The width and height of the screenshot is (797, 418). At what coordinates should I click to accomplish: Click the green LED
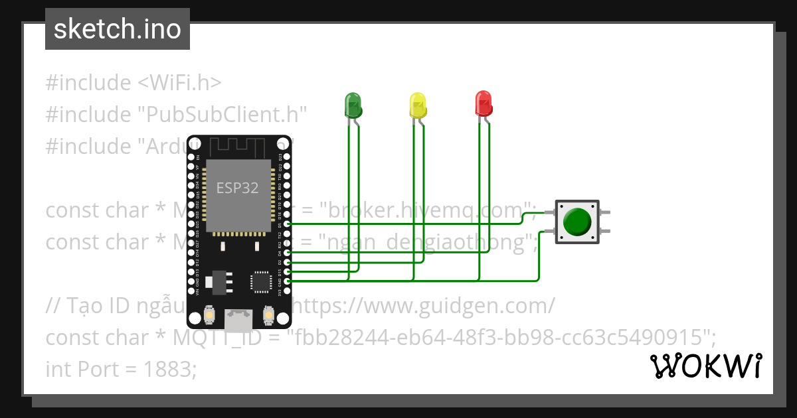pyautogui.click(x=353, y=105)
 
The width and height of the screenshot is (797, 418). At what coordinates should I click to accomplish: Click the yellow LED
pyautogui.click(x=417, y=105)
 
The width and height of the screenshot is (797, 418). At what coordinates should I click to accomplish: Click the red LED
pyautogui.click(x=483, y=104)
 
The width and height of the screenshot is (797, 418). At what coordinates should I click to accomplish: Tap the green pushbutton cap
pyautogui.click(x=576, y=222)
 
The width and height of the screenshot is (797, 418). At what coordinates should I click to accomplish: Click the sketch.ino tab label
pyautogui.click(x=118, y=29)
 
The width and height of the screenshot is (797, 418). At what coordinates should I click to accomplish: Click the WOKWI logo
pyautogui.click(x=705, y=366)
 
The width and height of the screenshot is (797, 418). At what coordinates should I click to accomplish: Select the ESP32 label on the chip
pyautogui.click(x=237, y=188)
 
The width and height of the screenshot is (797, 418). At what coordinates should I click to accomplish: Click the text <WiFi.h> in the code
pyautogui.click(x=179, y=83)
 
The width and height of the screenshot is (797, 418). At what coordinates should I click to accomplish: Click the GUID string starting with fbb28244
pyautogui.click(x=501, y=338)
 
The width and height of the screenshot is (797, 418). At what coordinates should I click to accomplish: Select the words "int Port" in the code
pyautogui.click(x=84, y=370)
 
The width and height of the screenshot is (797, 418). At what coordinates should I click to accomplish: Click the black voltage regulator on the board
pyautogui.click(x=217, y=282)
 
